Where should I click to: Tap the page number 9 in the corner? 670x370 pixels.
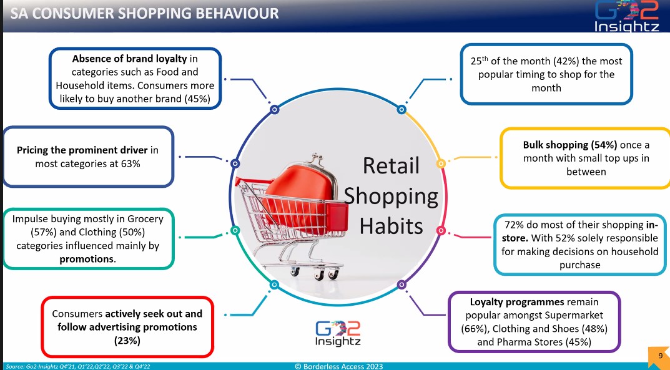[x=659, y=355]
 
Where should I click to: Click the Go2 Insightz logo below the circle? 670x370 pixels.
[x=338, y=332]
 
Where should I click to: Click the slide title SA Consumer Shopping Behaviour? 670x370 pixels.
[x=145, y=13]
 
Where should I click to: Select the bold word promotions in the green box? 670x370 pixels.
[x=87, y=259]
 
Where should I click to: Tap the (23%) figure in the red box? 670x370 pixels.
[x=127, y=340]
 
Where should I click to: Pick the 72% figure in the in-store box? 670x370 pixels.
[x=515, y=223]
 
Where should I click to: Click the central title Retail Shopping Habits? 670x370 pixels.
[x=391, y=196]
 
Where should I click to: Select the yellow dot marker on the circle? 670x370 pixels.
[x=440, y=163]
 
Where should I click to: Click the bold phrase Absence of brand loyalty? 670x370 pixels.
[x=129, y=59]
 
